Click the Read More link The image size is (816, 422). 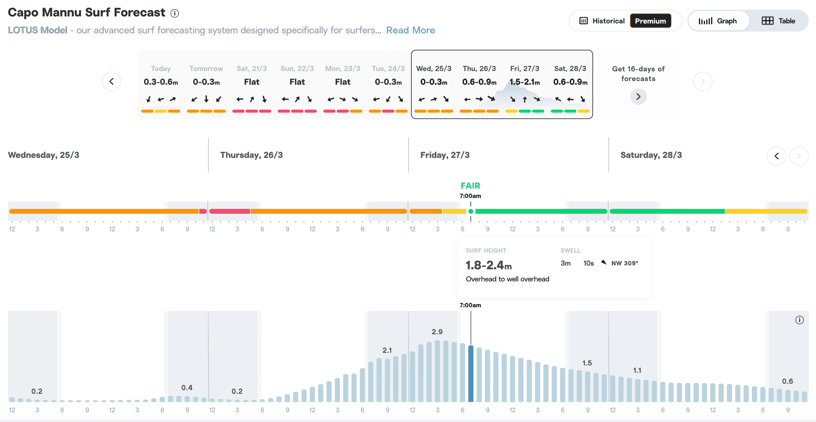(410, 30)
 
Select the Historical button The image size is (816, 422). (602, 21)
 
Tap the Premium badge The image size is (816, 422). (650, 21)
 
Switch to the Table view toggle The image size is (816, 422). (778, 21)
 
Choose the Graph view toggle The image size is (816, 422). (717, 21)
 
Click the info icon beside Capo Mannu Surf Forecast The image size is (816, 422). (174, 13)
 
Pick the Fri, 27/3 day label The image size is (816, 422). (524, 69)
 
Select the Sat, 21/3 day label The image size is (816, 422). (251, 69)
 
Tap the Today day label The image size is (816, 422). (160, 69)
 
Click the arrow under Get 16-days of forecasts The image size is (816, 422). (638, 96)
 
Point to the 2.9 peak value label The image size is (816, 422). (437, 332)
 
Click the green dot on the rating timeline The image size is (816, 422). (471, 212)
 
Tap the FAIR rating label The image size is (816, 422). (470, 185)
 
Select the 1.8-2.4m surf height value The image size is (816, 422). (488, 265)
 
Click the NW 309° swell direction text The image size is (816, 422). (625, 263)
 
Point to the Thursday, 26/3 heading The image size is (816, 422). (251, 155)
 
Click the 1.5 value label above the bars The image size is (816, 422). (587, 363)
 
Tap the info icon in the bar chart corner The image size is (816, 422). (799, 320)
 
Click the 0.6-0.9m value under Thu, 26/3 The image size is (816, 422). (479, 82)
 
